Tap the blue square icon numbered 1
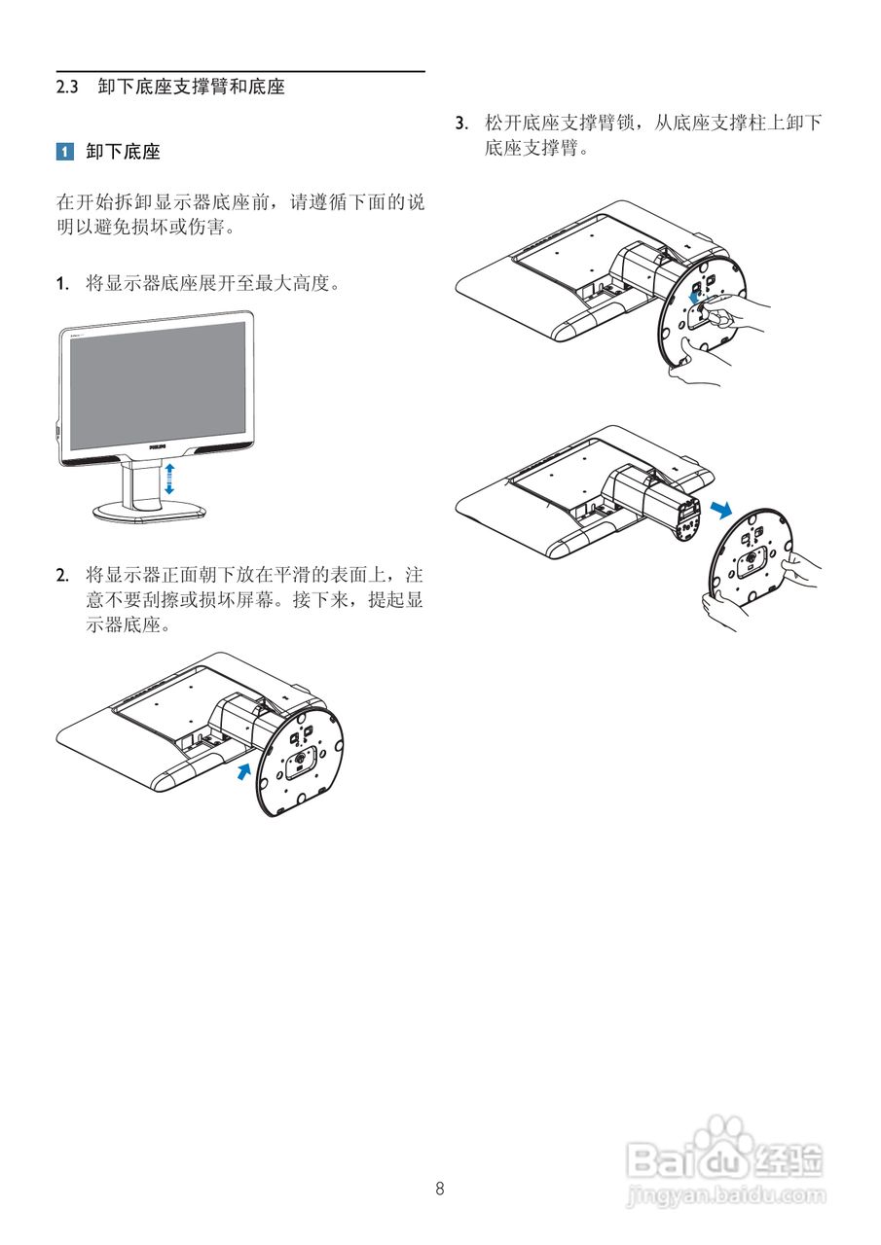(x=64, y=152)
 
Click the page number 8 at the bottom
(x=440, y=1188)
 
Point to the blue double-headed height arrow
(x=169, y=478)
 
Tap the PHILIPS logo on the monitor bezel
(x=157, y=446)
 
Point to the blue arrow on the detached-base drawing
(x=719, y=510)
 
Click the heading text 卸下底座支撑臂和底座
(x=191, y=87)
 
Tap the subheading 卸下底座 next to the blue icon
(x=123, y=152)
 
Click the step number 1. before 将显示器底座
(x=62, y=284)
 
